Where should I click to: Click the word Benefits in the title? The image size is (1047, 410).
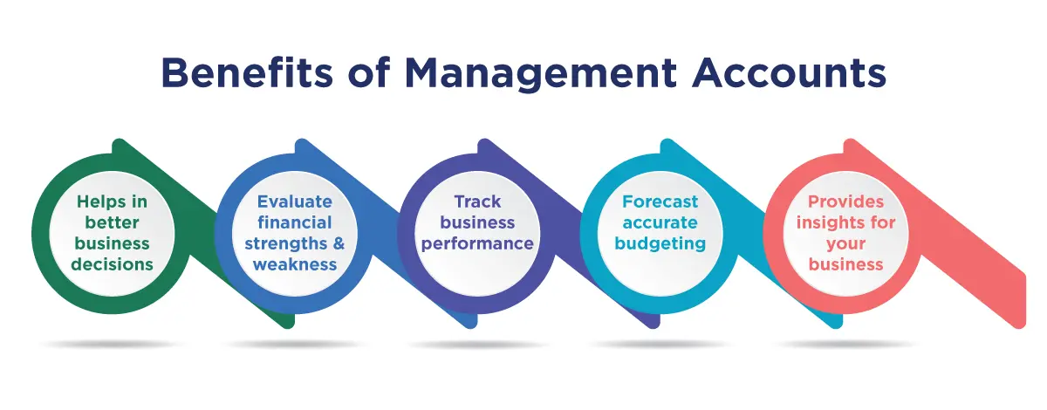coord(247,73)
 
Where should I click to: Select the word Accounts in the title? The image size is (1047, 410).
coord(790,73)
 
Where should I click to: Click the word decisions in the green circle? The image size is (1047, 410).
coord(113,264)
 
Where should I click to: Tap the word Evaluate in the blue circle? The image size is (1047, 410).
coord(295,202)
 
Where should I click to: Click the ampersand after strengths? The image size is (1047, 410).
coord(339,243)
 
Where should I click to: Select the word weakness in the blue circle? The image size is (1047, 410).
coord(295,264)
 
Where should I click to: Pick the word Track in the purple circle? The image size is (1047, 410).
coord(478,202)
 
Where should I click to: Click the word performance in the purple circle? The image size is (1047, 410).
coord(477,244)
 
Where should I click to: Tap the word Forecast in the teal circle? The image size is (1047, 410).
coord(660,202)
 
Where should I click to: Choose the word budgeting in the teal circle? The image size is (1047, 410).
coord(660,244)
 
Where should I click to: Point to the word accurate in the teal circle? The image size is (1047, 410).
coord(660,223)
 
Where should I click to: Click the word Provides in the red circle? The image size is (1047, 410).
coord(846,202)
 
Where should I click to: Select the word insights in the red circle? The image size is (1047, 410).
coord(825,223)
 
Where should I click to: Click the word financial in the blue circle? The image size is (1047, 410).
coord(295,222)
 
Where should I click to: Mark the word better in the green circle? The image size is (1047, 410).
coord(113,222)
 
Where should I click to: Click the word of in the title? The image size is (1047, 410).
coord(369,73)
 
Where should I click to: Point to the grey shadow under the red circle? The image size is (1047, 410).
coord(846,345)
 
